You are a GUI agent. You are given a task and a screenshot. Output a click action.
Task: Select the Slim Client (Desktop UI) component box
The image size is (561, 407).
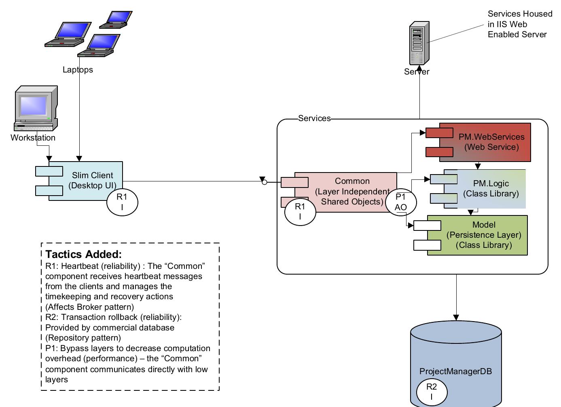point(86,181)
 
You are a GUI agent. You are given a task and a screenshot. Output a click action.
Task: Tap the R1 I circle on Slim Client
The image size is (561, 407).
point(122,202)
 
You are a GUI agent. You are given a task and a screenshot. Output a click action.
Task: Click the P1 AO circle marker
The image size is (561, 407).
point(400,202)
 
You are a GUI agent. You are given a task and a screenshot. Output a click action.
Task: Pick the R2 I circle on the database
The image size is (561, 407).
point(432,391)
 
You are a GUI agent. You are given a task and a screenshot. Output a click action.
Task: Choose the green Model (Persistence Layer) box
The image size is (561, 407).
point(477,235)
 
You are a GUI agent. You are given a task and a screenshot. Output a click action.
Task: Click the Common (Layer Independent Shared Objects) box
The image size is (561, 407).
point(346,192)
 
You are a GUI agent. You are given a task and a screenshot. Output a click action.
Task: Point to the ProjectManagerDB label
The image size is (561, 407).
point(455,371)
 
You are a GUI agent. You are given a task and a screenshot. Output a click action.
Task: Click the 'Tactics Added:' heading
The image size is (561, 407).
point(83,254)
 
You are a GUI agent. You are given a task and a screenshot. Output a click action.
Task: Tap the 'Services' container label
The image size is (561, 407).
point(314,118)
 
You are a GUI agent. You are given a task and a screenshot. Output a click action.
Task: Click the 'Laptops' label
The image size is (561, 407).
point(78,70)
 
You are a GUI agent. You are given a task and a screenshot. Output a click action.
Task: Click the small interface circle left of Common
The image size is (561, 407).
point(265,182)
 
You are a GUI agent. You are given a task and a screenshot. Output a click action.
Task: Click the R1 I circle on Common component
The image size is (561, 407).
point(300,211)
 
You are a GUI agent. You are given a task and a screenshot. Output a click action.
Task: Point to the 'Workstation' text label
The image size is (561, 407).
point(33,138)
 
